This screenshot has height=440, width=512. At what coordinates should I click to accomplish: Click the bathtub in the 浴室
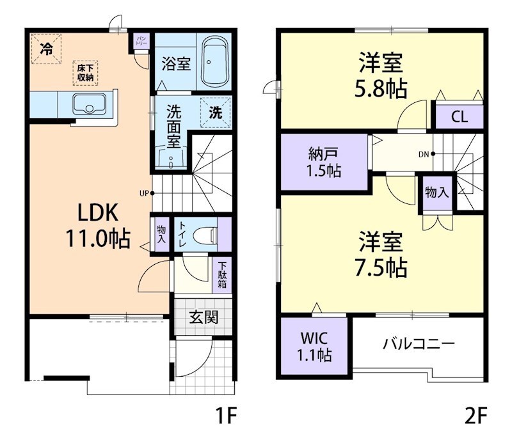pos(214,64)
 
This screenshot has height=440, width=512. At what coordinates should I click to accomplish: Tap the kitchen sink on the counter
pos(89,104)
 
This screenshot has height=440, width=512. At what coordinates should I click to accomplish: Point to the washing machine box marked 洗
pos(216,112)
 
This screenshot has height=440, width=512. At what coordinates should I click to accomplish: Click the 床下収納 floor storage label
pos(84,73)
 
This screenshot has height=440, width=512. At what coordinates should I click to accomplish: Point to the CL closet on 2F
pos(459,117)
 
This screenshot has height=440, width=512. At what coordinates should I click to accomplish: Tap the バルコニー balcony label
pos(419,344)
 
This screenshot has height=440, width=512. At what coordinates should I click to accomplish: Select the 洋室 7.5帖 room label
pos(381,255)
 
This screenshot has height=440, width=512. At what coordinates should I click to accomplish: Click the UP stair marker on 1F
pos(145,192)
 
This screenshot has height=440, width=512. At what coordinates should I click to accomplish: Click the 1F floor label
pos(225,417)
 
